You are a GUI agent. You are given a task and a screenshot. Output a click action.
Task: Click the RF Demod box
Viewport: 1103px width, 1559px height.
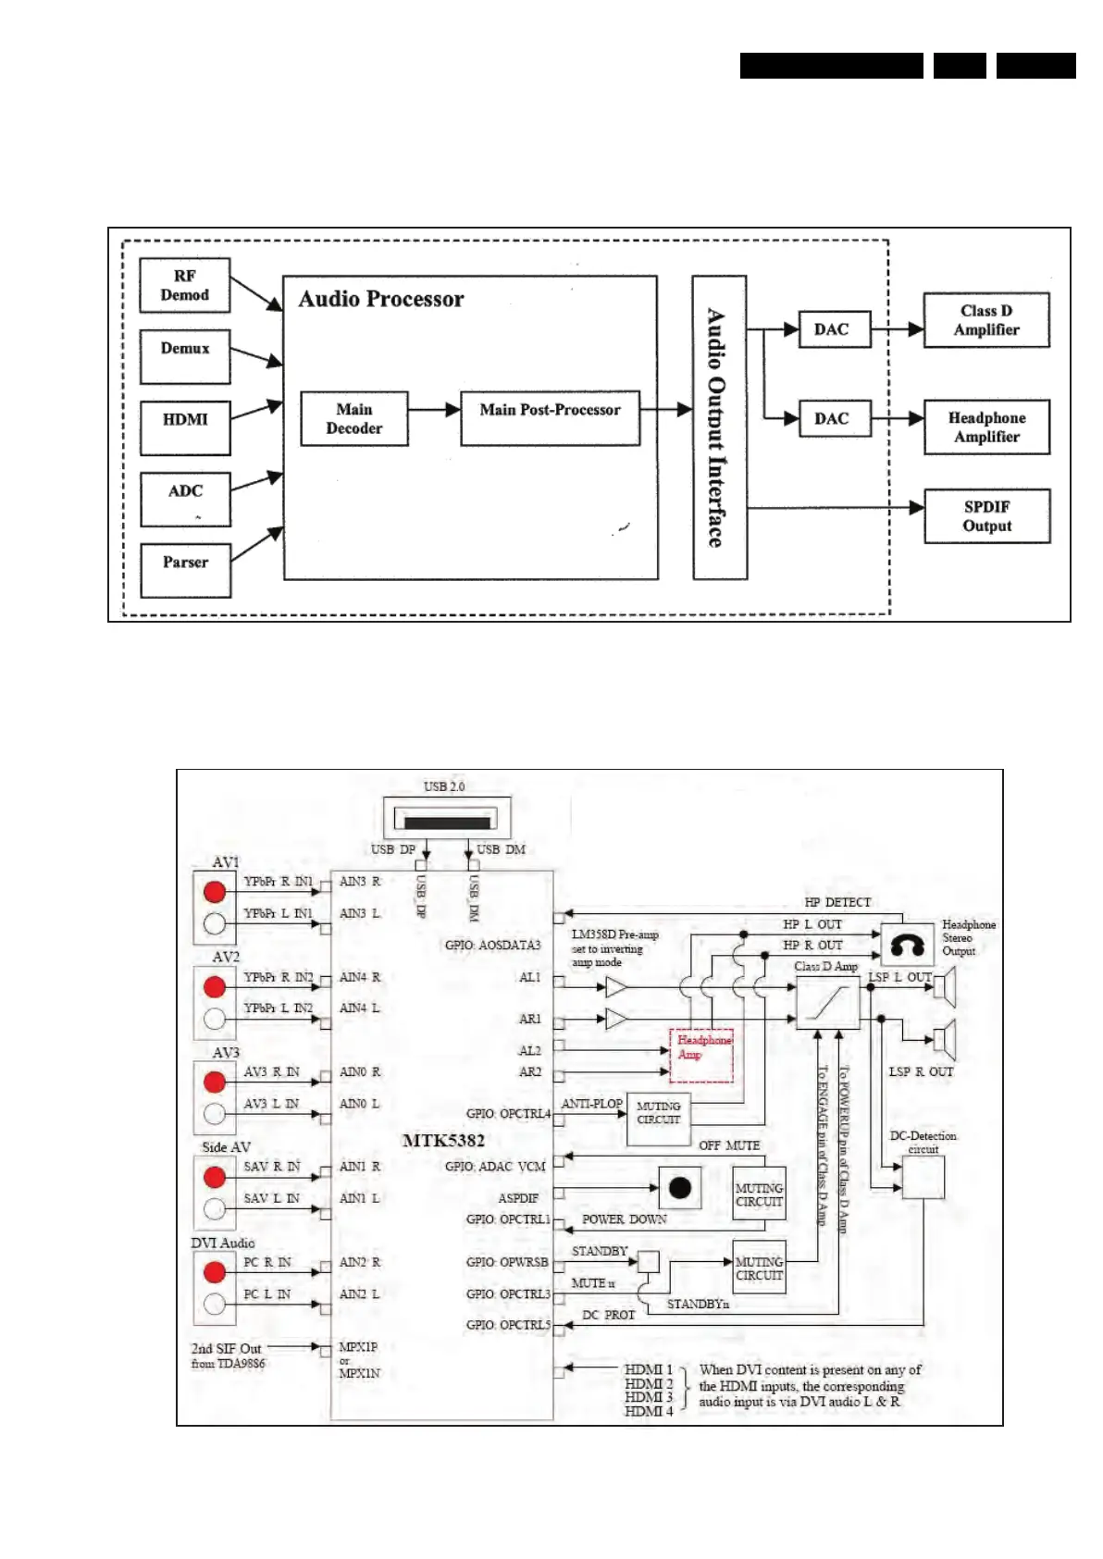click(x=184, y=285)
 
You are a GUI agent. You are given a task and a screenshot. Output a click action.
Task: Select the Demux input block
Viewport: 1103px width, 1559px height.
click(x=184, y=356)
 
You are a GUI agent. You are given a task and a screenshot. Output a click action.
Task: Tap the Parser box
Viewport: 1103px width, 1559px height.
click(x=185, y=570)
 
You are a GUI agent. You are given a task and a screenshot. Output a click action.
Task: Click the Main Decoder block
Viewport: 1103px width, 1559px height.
click(x=353, y=418)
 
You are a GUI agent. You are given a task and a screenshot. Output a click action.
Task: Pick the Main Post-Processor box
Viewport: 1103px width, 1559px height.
click(x=550, y=418)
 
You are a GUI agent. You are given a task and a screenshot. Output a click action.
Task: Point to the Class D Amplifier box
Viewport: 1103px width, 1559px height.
click(x=986, y=320)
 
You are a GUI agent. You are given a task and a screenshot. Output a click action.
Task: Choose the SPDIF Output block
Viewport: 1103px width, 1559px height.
click(x=986, y=516)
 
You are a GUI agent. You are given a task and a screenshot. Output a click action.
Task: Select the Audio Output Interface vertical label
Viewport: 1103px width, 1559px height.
click(x=718, y=427)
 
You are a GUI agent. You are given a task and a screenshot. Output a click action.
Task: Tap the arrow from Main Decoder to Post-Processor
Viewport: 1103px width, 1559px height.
click(x=434, y=409)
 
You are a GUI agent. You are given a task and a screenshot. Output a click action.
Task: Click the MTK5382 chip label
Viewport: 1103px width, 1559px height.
click(x=443, y=1141)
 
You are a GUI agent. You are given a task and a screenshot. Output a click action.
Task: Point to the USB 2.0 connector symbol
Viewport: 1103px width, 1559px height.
click(x=447, y=820)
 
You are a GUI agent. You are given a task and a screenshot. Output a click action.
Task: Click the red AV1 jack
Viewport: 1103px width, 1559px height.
click(x=215, y=891)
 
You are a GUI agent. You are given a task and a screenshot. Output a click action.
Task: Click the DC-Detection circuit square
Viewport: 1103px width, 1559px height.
click(x=923, y=1177)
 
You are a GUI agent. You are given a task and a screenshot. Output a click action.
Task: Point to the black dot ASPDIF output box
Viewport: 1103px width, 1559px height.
click(x=680, y=1188)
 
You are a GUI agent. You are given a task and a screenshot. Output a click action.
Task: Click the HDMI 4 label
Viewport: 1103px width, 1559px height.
click(x=649, y=1411)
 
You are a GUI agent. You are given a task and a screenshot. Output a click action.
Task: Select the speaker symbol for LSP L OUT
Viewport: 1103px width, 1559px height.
click(x=944, y=987)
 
